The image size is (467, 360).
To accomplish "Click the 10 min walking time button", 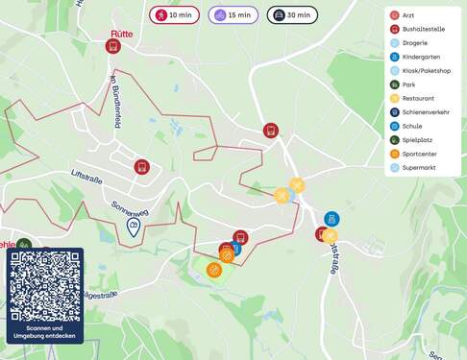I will [x=173, y=15].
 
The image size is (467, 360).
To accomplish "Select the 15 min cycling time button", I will [x=233, y=15].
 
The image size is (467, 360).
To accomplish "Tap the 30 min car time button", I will [x=292, y=15].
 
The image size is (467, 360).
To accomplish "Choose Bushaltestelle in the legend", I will [x=424, y=29].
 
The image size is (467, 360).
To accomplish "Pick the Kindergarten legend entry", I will [x=422, y=57].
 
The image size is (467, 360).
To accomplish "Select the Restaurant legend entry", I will [x=418, y=98].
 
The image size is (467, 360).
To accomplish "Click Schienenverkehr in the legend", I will [x=426, y=112].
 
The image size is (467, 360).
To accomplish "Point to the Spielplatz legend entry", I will [x=418, y=140].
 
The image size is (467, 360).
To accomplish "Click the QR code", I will [x=44, y=286].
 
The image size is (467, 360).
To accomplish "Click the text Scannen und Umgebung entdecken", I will [x=44, y=332].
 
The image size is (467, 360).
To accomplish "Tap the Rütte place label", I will [x=122, y=33].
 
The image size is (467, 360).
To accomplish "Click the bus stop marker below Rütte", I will [x=113, y=47].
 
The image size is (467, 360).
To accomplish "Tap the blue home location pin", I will [x=134, y=228].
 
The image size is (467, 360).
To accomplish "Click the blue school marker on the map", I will [x=332, y=219].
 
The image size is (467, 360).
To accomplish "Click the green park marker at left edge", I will [x=24, y=246].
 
